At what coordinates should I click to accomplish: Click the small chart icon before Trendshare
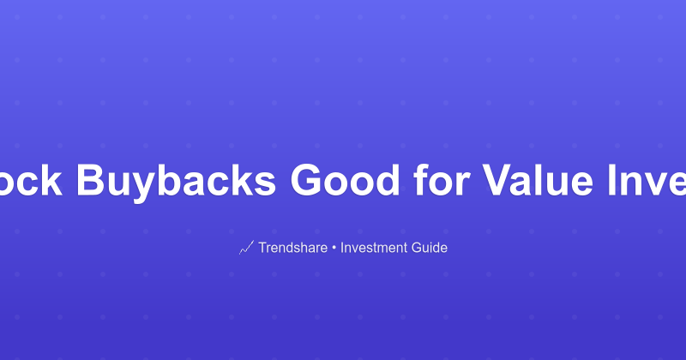click(246, 248)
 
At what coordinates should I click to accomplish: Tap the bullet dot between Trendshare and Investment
click(335, 248)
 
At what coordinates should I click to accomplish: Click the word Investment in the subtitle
click(375, 248)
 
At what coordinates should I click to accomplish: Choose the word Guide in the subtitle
click(430, 248)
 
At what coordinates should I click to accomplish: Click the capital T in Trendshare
click(262, 248)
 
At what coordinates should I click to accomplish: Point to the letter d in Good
click(393, 180)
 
